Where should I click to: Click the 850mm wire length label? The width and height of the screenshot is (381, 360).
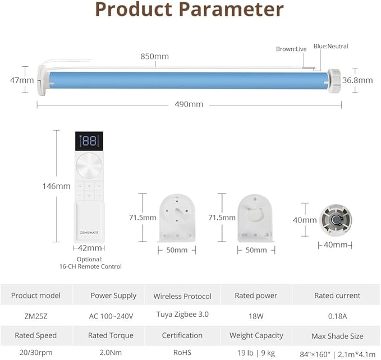click(154, 56)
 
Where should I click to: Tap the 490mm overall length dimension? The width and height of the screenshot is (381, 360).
click(189, 104)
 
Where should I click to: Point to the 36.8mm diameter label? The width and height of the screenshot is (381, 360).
click(357, 80)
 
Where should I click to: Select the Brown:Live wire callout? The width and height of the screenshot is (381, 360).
click(291, 49)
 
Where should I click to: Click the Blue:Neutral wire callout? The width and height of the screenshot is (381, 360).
click(330, 46)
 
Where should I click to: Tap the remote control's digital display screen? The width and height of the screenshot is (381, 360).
click(89, 141)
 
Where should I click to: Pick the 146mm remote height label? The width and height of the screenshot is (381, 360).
click(56, 186)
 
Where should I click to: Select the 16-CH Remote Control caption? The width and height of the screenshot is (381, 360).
click(90, 266)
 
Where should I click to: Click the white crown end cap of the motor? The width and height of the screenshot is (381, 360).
click(334, 80)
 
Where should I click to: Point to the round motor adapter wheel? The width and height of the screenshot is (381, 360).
click(336, 220)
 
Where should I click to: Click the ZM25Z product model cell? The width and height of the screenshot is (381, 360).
click(36, 316)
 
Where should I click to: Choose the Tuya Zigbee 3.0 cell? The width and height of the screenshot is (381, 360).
click(182, 315)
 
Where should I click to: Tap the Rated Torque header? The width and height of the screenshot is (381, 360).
click(111, 335)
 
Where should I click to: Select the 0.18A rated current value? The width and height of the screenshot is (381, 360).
click(337, 316)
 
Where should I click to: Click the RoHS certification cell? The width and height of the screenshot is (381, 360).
click(182, 352)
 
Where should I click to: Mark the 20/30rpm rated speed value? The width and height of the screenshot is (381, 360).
click(36, 352)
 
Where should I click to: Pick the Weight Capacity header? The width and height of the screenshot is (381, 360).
click(256, 335)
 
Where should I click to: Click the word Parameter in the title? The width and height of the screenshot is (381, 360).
click(231, 9)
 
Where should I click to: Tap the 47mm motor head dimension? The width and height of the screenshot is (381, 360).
click(22, 80)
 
